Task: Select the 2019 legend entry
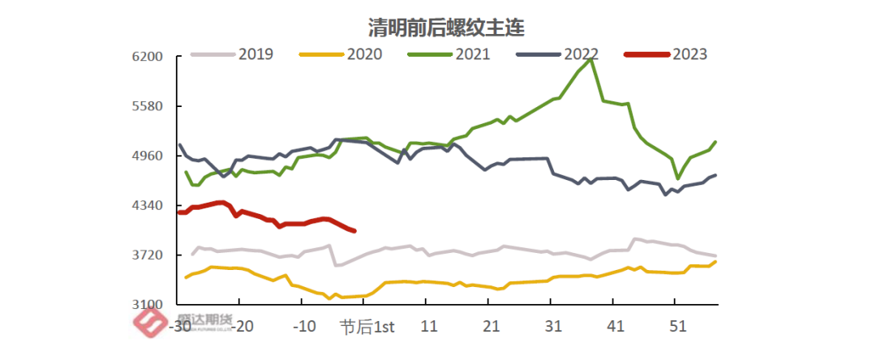tap(255, 54)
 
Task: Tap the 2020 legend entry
tap(364, 54)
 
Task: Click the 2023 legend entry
tap(689, 54)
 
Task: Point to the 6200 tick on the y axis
tap(149, 57)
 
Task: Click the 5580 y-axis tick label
tap(149, 106)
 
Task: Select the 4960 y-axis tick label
tap(149, 156)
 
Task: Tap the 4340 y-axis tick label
tap(149, 206)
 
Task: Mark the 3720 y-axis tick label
tap(149, 255)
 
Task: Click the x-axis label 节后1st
tap(367, 327)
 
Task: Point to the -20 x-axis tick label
tap(242, 327)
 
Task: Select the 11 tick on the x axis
tap(429, 327)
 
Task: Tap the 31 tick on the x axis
tap(553, 327)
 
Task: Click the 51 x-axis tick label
tap(677, 327)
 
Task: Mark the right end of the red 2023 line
tap(354, 231)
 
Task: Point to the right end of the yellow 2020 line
tap(715, 261)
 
